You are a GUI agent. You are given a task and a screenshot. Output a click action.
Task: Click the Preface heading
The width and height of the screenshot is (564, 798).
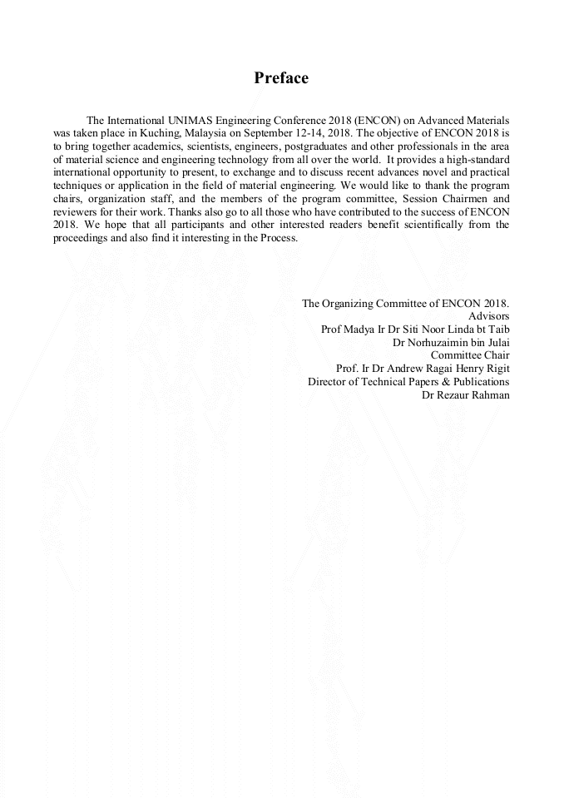coord(281,78)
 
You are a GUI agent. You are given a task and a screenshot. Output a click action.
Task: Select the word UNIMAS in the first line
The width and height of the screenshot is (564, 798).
coord(190,121)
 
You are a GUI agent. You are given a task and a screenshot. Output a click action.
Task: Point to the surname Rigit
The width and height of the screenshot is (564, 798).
coord(496,368)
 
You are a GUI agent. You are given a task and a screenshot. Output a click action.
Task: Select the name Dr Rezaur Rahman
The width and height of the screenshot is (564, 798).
coord(466,394)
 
